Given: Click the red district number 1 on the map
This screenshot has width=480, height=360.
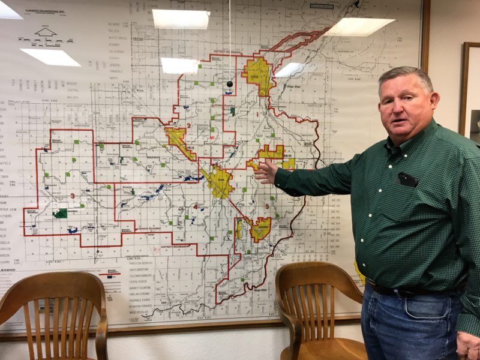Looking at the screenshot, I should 257,113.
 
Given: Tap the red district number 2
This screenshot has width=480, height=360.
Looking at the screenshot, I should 188,125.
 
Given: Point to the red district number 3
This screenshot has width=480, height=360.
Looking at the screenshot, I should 73,196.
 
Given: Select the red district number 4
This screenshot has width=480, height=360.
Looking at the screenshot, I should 195,206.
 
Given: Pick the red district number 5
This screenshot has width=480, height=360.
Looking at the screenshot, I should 266,206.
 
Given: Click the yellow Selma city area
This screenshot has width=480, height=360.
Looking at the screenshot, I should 219,182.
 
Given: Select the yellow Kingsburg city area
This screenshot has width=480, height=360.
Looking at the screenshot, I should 260,229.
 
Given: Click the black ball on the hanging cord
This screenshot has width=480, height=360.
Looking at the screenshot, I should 229,84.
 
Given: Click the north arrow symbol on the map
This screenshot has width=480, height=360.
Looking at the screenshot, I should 45,31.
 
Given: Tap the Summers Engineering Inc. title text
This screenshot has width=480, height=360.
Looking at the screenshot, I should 46,11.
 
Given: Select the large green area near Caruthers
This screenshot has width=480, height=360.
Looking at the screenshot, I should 60,213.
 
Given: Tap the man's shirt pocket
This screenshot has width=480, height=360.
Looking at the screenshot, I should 407,179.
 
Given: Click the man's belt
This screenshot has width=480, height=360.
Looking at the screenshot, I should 408,290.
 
